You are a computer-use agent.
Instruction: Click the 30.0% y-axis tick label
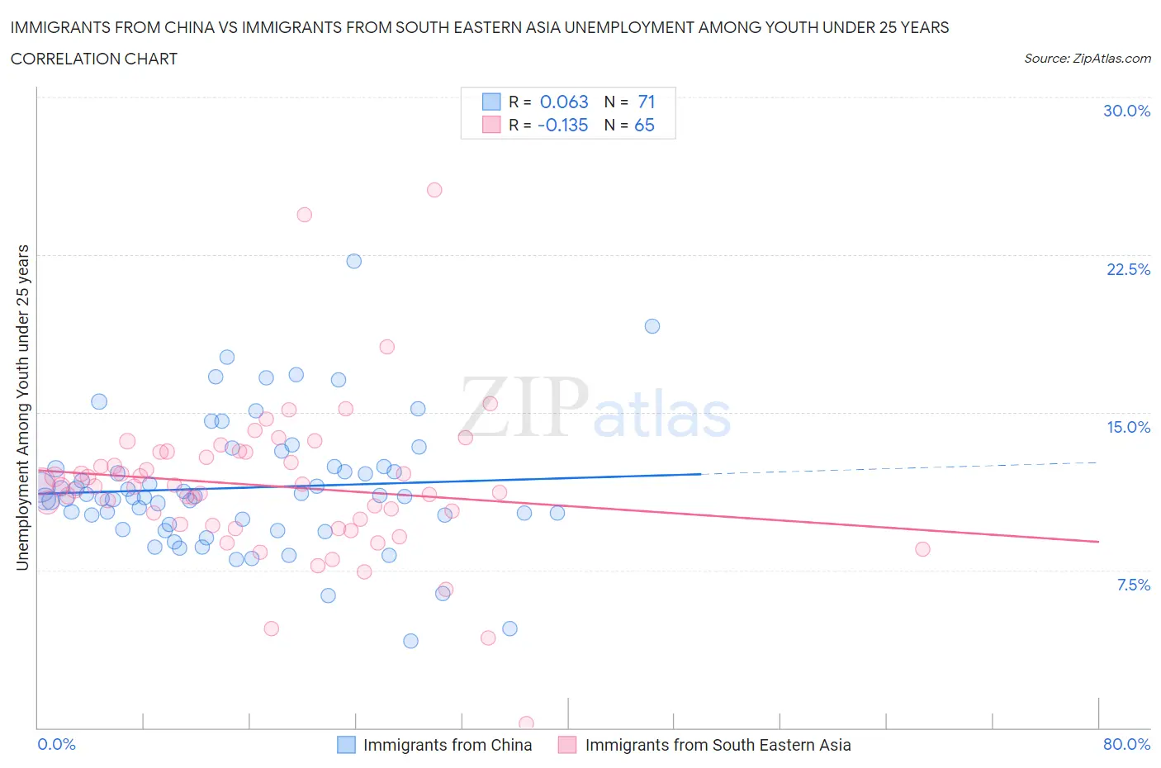point(1126,111)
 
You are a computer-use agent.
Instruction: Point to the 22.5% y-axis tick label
point(1128,269)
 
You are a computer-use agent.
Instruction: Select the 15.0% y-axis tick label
point(1128,427)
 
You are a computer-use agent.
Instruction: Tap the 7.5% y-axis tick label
point(1133,585)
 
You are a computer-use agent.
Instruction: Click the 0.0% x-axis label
point(56,744)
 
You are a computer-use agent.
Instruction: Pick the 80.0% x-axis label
point(1126,744)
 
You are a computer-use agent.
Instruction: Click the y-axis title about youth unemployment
point(22,407)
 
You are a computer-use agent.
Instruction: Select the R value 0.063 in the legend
point(564,102)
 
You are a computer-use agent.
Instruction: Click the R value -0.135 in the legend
point(562,125)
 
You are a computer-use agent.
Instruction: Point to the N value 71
point(646,102)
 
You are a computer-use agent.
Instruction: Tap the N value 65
point(644,125)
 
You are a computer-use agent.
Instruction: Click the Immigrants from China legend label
point(448,745)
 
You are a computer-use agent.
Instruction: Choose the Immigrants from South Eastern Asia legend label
point(718,745)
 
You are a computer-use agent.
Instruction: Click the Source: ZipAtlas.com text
point(1087,58)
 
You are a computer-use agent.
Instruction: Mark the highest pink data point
point(434,190)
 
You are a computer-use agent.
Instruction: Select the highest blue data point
point(353,261)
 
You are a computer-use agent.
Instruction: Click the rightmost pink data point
point(922,549)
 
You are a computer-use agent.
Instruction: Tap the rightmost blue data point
point(652,326)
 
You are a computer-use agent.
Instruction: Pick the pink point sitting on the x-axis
point(526,723)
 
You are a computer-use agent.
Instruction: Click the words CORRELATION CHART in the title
point(94,59)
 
